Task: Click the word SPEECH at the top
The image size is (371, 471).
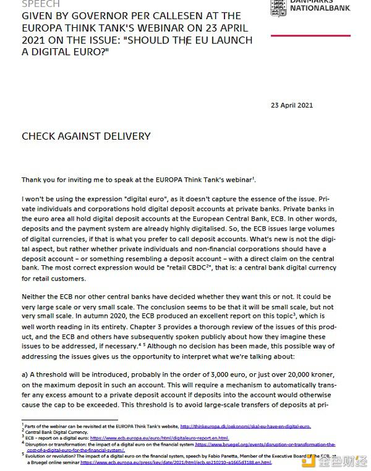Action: tap(41, 4)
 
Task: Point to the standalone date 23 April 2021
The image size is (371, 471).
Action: tap(292, 104)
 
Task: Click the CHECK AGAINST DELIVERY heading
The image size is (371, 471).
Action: tap(86, 136)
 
